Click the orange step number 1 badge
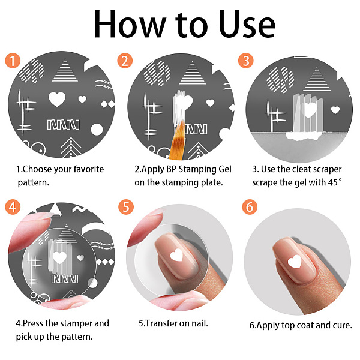[x=13, y=61]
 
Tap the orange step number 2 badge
[x=125, y=61]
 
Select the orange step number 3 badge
[x=246, y=61]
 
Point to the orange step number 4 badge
[x=13, y=206]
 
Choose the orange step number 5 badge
[x=126, y=206]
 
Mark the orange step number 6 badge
[x=250, y=206]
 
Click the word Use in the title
[x=247, y=25]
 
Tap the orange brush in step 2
[x=177, y=141]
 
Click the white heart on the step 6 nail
[x=295, y=262]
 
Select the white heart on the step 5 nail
[x=177, y=255]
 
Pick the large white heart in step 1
[x=57, y=99]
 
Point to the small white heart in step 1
[x=82, y=99]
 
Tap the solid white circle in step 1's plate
[x=97, y=130]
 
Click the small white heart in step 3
[x=335, y=110]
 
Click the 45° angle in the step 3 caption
[x=335, y=182]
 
